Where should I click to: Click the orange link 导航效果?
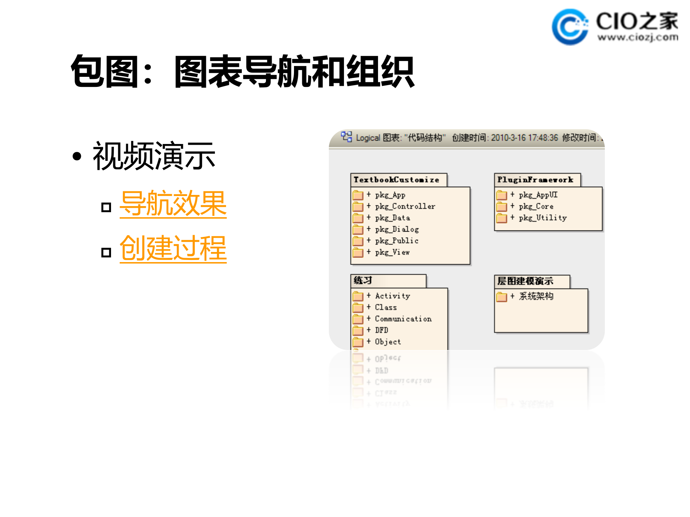tap(173, 204)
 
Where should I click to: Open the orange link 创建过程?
tap(173, 248)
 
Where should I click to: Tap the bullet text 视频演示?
tap(154, 156)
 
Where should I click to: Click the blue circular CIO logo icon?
tap(570, 27)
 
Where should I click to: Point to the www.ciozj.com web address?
tap(638, 37)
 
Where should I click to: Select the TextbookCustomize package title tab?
tap(396, 180)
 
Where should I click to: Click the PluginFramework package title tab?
tap(535, 180)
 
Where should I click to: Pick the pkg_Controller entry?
tap(405, 206)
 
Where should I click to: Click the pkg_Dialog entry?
tap(397, 229)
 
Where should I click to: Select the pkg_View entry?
tap(392, 252)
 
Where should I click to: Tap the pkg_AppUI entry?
tap(538, 195)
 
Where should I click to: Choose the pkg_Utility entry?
tap(543, 218)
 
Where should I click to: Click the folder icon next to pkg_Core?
tap(501, 207)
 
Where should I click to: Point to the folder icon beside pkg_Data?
tap(358, 218)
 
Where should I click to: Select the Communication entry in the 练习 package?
tap(403, 319)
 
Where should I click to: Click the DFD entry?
tap(382, 330)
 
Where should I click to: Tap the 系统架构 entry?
tap(536, 297)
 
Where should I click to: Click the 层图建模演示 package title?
tap(525, 281)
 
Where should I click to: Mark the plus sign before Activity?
tap(368, 295)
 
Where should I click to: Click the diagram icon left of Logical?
tap(346, 137)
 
